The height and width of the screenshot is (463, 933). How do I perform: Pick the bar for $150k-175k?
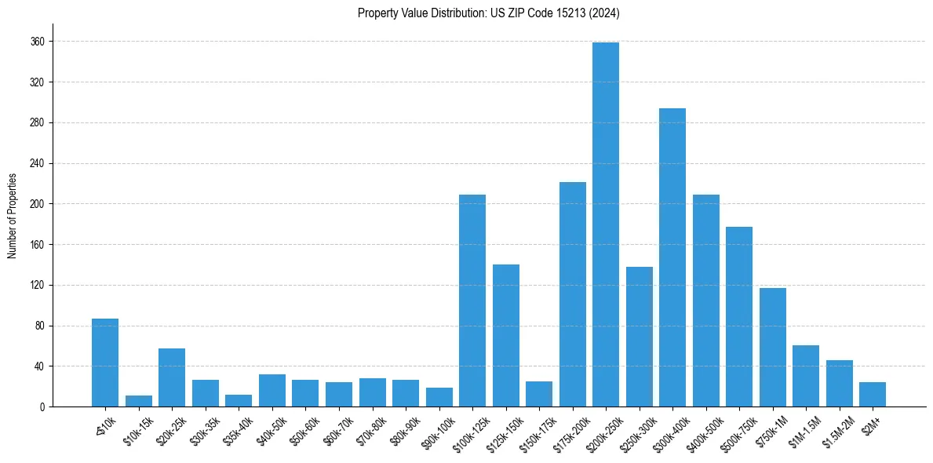539,394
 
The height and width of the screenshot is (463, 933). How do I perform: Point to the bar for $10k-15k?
139,401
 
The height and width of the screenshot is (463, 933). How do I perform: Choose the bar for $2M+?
873,395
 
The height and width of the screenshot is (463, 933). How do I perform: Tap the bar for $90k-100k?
439,397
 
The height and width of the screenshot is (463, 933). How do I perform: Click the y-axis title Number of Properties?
12,216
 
